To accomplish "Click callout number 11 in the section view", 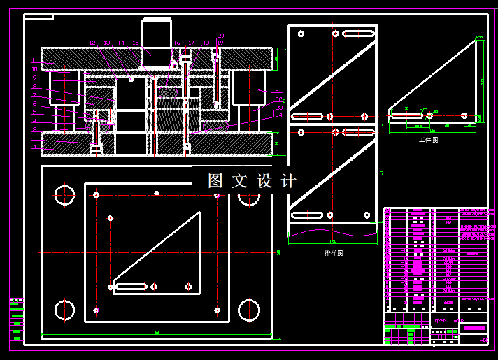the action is click(x=35, y=61).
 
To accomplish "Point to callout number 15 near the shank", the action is click(x=136, y=43).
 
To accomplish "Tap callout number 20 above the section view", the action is click(x=221, y=36).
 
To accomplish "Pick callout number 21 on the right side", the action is click(x=278, y=91).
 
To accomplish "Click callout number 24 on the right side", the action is click(x=278, y=115).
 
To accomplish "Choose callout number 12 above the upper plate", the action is click(x=92, y=43).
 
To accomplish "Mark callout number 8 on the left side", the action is click(x=34, y=86).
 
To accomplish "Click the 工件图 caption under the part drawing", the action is click(x=428, y=140).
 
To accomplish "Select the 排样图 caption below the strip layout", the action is click(x=334, y=253).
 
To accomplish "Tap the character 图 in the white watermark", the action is click(x=215, y=181).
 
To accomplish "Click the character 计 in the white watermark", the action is click(x=288, y=181).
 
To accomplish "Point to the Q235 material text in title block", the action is click(x=441, y=320).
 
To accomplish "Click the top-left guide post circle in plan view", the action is click(x=64, y=195).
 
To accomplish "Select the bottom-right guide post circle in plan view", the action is click(x=249, y=310).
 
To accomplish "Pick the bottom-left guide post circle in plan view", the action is click(x=64, y=310).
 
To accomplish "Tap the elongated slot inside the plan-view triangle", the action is click(x=131, y=287).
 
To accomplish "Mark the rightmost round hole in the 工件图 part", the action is click(x=464, y=115).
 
